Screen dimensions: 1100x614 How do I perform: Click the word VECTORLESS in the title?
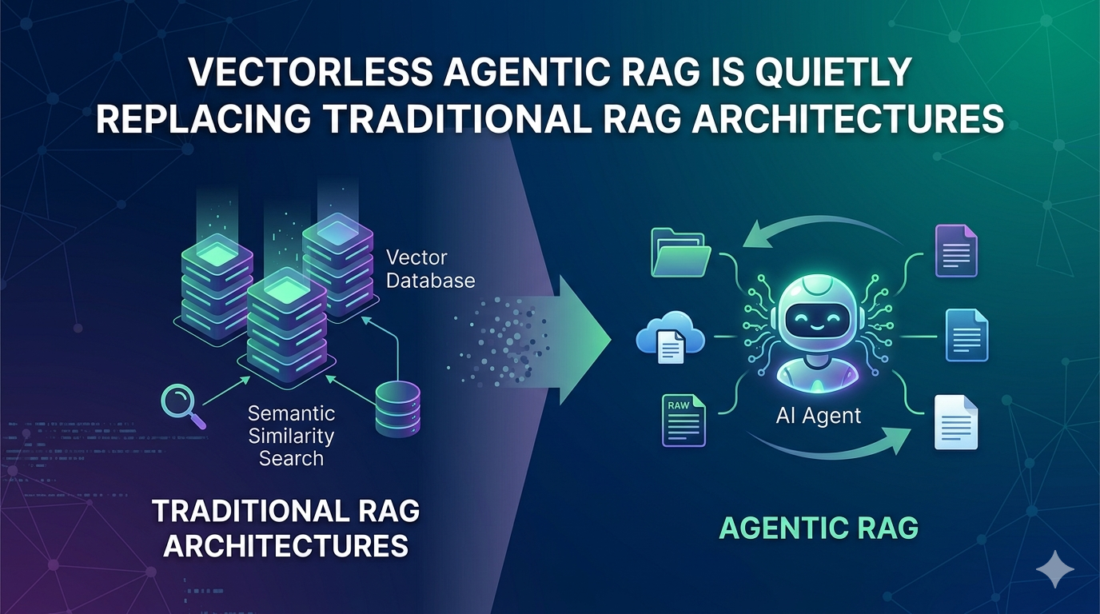click(x=311, y=74)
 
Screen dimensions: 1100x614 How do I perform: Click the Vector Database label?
click(x=430, y=269)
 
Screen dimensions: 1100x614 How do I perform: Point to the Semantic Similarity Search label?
click(x=291, y=436)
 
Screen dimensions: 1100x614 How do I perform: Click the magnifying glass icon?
click(x=183, y=406)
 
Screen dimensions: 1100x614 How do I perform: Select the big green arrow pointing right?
click(x=564, y=340)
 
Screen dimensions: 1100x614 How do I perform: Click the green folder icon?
click(x=680, y=252)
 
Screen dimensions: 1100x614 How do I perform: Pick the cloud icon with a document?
click(x=670, y=337)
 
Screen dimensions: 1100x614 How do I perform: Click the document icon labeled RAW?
click(x=684, y=420)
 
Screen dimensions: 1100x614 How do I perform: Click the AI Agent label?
click(x=818, y=416)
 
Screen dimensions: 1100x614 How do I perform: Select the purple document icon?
click(x=956, y=251)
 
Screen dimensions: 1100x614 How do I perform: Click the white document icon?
click(x=955, y=422)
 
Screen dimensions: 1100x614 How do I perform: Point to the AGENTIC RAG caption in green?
click(x=819, y=528)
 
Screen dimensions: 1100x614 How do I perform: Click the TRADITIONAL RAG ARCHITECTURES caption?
click(x=286, y=528)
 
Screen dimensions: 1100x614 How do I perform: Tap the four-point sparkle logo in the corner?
click(x=1054, y=569)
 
